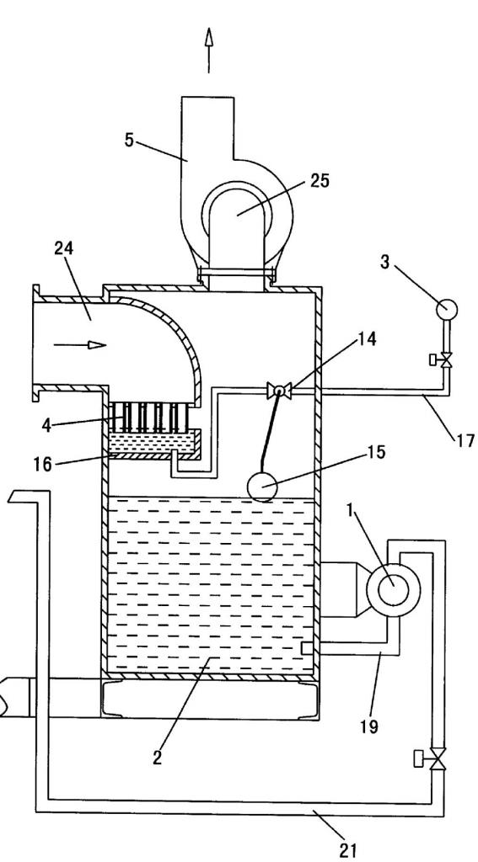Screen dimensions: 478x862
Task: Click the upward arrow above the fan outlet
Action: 209,50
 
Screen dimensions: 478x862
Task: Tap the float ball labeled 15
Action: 263,487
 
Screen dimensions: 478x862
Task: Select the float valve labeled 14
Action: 279,391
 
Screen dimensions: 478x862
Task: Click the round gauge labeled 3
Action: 447,309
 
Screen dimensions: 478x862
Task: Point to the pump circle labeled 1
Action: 393,588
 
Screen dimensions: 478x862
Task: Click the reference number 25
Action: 320,180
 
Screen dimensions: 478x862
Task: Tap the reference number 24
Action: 64,248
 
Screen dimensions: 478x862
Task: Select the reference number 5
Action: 129,140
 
